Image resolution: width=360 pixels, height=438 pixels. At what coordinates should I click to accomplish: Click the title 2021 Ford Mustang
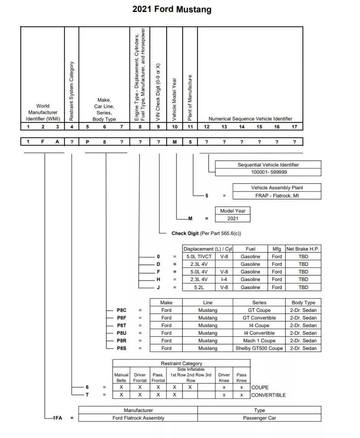point(172,10)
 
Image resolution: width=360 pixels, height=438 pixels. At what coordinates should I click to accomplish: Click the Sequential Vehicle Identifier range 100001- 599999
point(268,172)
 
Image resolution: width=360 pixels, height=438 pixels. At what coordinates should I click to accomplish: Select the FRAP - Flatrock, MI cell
point(277,196)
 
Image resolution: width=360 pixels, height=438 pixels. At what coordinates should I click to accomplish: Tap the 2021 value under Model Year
point(232,218)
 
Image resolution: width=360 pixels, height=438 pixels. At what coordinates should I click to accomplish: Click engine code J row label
point(158,287)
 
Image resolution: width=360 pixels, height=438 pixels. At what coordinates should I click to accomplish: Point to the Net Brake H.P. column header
point(303,249)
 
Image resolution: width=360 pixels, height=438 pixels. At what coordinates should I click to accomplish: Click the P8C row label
point(122,310)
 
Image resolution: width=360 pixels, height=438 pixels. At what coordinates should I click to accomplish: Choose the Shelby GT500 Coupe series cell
point(259,348)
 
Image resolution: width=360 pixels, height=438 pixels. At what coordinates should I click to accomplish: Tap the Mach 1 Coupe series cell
point(259,341)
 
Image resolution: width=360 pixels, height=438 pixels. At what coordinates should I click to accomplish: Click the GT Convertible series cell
point(259,318)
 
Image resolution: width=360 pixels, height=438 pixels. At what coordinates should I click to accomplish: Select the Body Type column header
point(303,302)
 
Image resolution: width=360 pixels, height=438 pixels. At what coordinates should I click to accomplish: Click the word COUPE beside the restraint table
point(260,387)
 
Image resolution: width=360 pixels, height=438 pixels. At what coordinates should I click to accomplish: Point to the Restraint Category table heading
point(182,363)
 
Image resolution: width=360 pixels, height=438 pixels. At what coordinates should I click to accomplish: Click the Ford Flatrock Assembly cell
point(138,418)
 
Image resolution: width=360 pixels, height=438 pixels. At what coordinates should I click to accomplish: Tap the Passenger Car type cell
point(259,418)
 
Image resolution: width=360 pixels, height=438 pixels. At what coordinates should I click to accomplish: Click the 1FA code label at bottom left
point(57,418)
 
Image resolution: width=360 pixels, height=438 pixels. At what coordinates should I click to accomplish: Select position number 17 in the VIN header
point(294,127)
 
